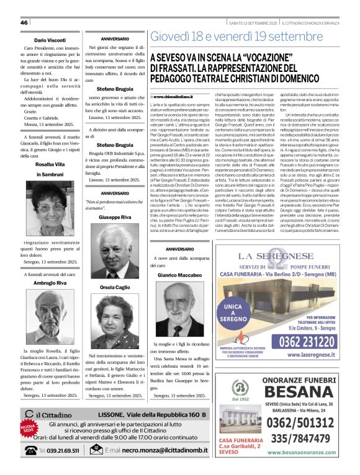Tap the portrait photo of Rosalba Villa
[x=50, y=206]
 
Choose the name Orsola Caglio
[x=114, y=288]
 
